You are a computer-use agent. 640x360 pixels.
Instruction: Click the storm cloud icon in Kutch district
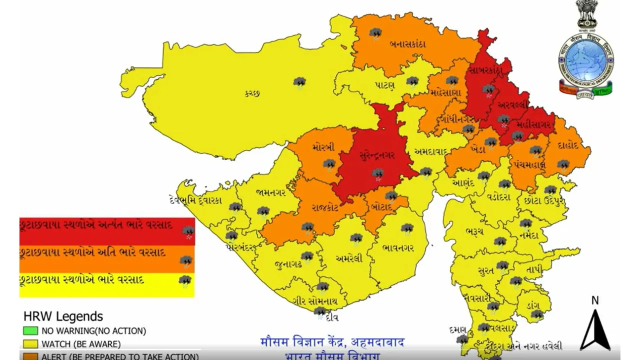[x=299, y=82]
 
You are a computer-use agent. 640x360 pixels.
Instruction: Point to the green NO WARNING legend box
[x=30, y=330]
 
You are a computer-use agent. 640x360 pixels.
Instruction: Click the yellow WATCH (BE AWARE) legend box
[x=30, y=344]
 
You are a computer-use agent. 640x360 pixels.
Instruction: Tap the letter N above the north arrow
[x=595, y=300]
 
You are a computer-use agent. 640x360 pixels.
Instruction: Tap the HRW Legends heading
[x=63, y=316]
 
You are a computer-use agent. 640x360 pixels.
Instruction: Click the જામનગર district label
[x=270, y=192]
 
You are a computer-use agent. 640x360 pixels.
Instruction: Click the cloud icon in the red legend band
[x=188, y=231]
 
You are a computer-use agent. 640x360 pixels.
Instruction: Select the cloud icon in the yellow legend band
[x=185, y=281]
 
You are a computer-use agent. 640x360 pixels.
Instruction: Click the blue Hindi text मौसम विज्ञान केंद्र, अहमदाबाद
[x=332, y=343]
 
